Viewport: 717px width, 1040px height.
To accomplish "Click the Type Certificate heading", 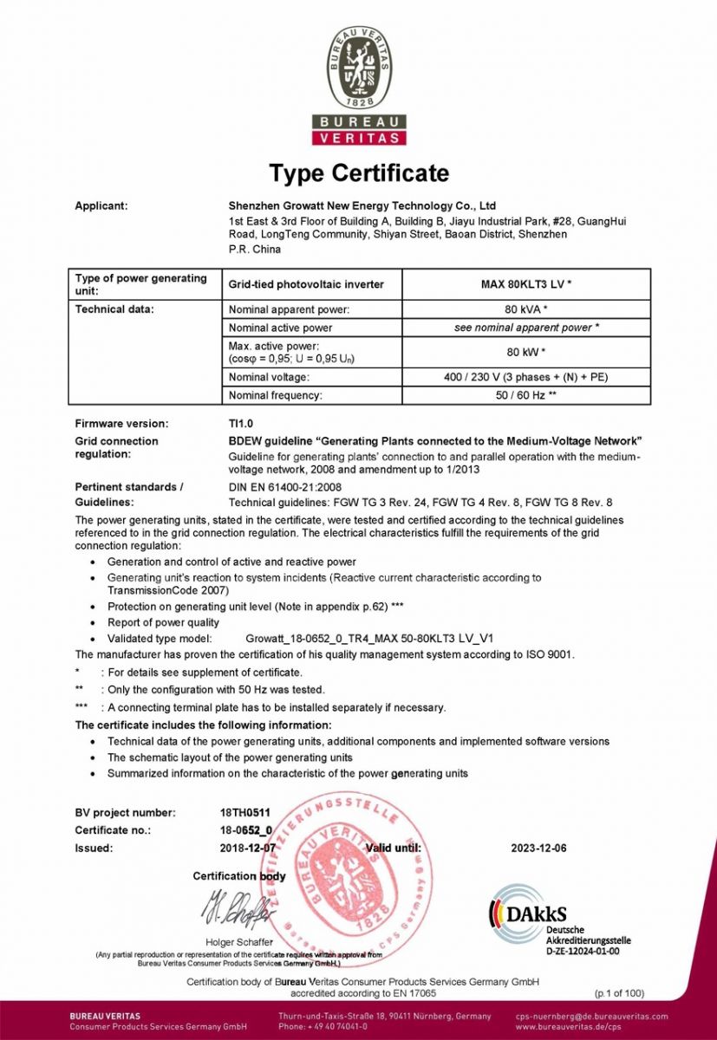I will pyautogui.click(x=359, y=173).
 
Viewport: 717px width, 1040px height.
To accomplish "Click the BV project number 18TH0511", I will pyautogui.click(x=246, y=813).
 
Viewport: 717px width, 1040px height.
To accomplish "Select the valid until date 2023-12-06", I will pyautogui.click(x=538, y=848).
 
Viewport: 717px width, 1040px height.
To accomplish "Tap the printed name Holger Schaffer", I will pyautogui.click(x=238, y=942).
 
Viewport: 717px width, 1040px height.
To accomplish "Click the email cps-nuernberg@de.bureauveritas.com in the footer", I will pyautogui.click(x=591, y=1016).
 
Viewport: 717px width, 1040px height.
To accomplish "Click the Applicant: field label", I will pyautogui.click(x=101, y=206).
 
